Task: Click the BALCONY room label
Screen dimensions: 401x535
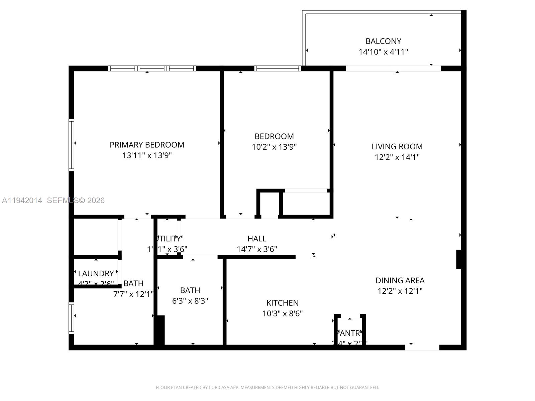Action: (383, 41)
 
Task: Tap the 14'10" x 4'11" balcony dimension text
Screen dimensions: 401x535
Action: (383, 52)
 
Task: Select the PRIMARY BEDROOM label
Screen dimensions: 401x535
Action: (147, 145)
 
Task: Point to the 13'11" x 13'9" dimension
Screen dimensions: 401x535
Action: (147, 155)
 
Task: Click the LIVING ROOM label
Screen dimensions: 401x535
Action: (397, 146)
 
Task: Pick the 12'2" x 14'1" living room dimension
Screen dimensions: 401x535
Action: (397, 157)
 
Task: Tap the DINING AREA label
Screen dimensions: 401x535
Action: (400, 280)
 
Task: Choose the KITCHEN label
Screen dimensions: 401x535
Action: (282, 303)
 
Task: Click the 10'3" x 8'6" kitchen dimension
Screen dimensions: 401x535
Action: (282, 313)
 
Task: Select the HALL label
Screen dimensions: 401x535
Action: (257, 239)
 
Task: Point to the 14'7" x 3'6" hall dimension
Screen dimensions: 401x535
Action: (257, 249)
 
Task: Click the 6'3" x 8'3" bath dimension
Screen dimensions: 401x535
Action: (190, 301)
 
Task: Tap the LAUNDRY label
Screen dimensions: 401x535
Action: (96, 273)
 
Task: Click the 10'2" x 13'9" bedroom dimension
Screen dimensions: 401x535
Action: (274, 147)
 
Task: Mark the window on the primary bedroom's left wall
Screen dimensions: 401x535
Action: (71, 145)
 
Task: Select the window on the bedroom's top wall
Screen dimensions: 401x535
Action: (278, 69)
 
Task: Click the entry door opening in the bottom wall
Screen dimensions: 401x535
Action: (422, 348)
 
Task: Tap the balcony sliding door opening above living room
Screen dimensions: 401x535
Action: (394, 69)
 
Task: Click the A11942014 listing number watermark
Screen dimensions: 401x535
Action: (22, 200)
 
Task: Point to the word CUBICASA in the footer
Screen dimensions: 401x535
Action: (219, 388)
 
